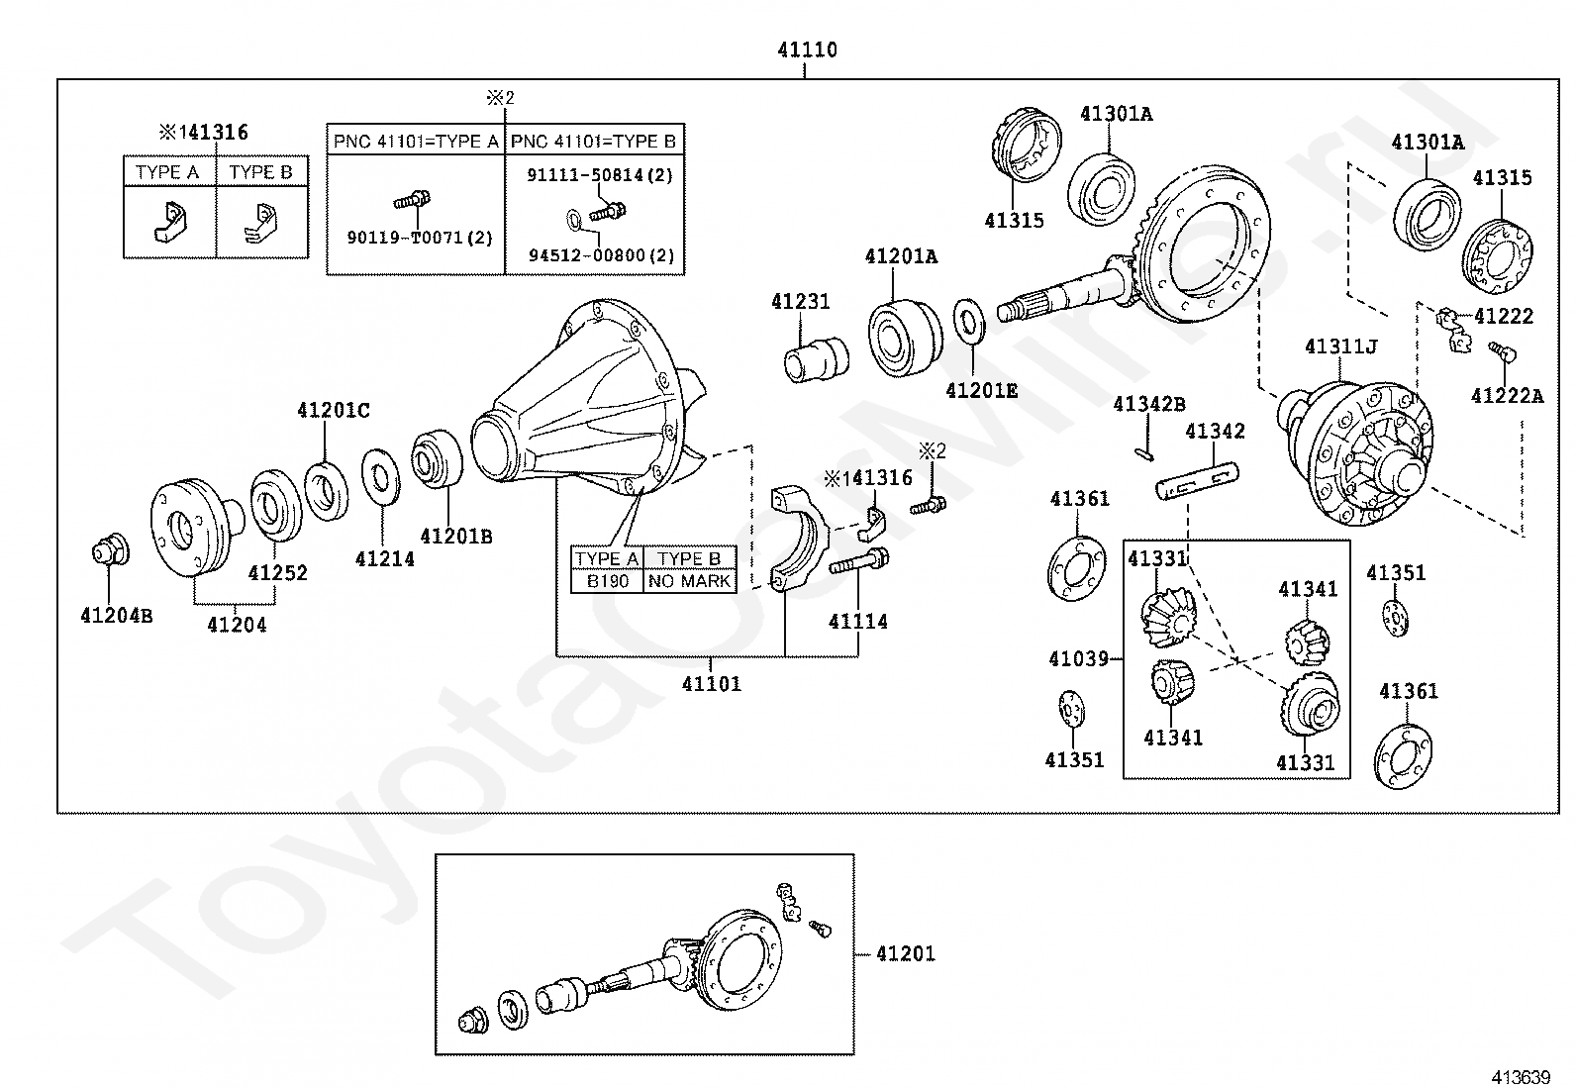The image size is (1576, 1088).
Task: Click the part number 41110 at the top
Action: [x=807, y=49]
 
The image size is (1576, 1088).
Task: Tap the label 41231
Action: [x=800, y=301]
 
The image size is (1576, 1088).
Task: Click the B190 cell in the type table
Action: [x=607, y=581]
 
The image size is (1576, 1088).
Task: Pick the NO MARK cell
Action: [x=689, y=581]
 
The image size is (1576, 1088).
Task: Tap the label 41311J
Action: [x=1341, y=346]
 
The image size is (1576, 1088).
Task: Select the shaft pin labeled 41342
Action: [x=1198, y=481]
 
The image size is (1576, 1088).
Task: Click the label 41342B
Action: [x=1149, y=404]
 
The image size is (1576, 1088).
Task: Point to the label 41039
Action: [x=1078, y=658]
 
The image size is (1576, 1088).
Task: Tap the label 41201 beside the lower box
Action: [x=906, y=953]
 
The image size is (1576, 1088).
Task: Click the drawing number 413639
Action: [x=1521, y=1077]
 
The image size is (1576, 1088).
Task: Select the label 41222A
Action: [x=1507, y=396]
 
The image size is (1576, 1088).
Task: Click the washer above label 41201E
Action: [x=969, y=320]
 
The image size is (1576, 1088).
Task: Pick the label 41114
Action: [x=857, y=622]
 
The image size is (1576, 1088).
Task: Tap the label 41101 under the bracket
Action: [x=712, y=683]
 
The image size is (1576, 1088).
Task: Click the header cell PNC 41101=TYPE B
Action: [x=593, y=142]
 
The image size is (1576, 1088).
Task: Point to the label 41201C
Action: [x=333, y=410]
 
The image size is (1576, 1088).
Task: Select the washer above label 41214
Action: [x=380, y=477]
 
